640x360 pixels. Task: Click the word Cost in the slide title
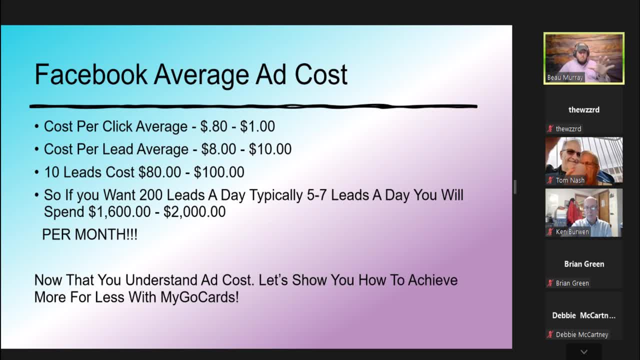[x=321, y=75]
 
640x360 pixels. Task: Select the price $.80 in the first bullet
[x=214, y=126]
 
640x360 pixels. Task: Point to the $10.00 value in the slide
[x=270, y=149]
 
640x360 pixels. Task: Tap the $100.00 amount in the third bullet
[x=219, y=172]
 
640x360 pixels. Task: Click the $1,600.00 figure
[x=119, y=212]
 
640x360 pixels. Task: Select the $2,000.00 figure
[x=194, y=212]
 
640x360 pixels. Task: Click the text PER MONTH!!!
[x=89, y=234]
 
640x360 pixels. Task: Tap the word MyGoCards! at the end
[x=199, y=297]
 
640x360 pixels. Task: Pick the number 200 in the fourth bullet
[x=151, y=195]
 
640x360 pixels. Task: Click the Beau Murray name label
[x=565, y=77]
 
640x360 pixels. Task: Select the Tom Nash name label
[x=570, y=180]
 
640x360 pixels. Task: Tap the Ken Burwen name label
[x=572, y=232]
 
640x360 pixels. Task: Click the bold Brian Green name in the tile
[x=584, y=264]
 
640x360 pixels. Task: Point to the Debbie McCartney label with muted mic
[x=582, y=334]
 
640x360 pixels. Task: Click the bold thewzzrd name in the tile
[x=584, y=109]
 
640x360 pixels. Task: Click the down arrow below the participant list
[x=583, y=352]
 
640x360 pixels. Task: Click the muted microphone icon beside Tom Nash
[x=550, y=180]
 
